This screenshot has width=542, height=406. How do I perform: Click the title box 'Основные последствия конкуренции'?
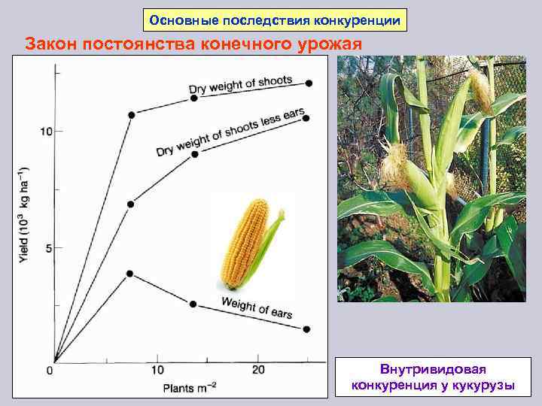click(x=275, y=20)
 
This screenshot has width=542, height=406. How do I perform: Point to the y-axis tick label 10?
click(x=46, y=132)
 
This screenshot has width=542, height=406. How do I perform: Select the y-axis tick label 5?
click(x=48, y=249)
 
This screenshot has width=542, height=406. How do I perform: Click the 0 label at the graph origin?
click(x=49, y=371)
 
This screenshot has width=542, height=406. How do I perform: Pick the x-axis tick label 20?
click(x=258, y=370)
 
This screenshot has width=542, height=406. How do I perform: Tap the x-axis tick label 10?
click(x=157, y=370)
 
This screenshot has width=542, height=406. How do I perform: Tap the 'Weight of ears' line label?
click(x=257, y=306)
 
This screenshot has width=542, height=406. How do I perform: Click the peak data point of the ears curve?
click(x=129, y=274)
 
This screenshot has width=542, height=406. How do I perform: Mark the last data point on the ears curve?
click(x=306, y=329)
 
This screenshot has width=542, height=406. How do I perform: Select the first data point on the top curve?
click(x=132, y=114)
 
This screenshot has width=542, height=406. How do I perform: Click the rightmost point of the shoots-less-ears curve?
click(x=306, y=118)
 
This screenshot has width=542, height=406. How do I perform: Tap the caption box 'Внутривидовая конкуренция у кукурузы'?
click(x=433, y=378)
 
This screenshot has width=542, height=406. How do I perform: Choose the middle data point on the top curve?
click(x=194, y=98)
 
